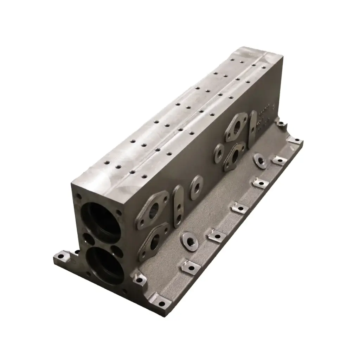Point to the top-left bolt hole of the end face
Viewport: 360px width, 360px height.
[79, 197]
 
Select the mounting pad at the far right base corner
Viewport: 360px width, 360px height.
[295, 141]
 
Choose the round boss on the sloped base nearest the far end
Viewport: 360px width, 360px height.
[261, 160]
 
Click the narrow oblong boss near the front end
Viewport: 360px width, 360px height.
[179, 206]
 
